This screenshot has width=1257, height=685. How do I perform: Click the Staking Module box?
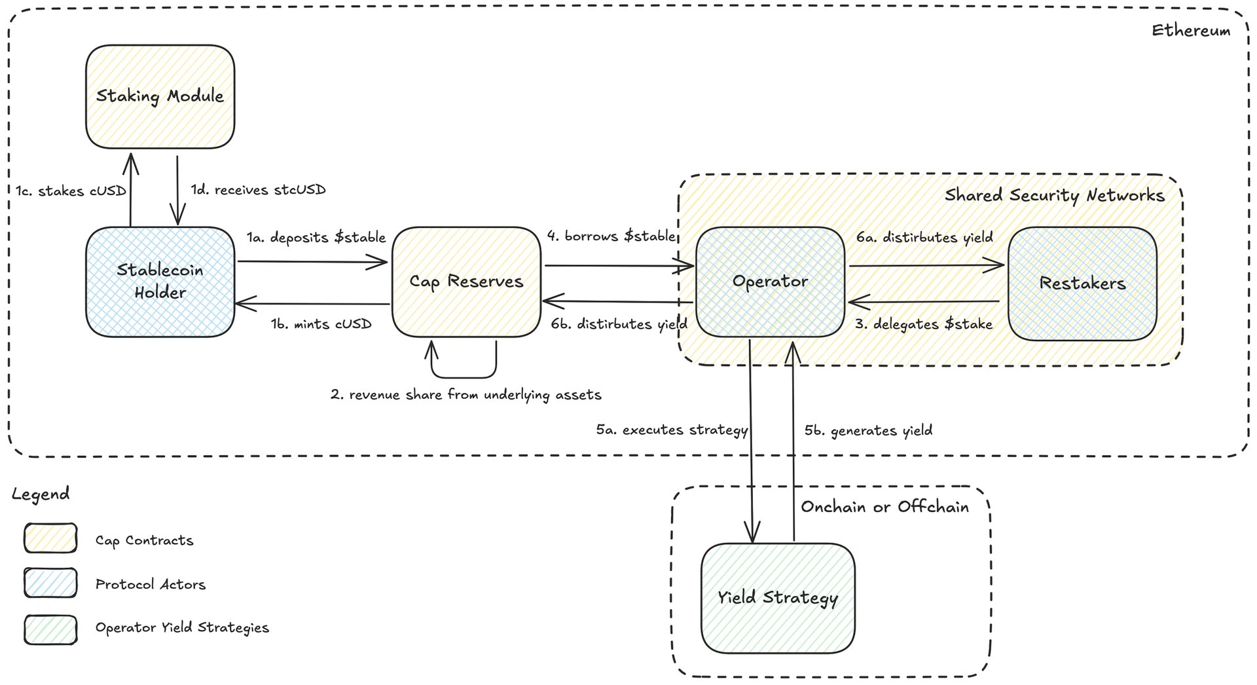coord(160,97)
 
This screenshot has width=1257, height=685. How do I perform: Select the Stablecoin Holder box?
coord(160,282)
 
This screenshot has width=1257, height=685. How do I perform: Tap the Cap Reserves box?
coord(467,282)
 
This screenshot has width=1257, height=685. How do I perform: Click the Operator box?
coord(771,282)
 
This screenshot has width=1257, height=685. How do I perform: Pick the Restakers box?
coord(1083,283)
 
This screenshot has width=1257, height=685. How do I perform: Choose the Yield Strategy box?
coord(778,598)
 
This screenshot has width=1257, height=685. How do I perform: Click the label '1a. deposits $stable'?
coord(316,237)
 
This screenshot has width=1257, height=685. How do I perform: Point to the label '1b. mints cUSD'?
coord(321,324)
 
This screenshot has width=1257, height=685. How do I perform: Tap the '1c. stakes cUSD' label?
coord(71,191)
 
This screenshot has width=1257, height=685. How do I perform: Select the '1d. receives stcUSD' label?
coord(259,190)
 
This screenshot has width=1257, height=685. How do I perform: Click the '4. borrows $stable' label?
coord(611,236)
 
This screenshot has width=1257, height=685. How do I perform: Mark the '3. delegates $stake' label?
coord(924,324)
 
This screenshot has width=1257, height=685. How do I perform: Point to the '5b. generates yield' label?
coord(869,431)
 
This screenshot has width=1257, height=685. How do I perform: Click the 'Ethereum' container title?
coord(1191,30)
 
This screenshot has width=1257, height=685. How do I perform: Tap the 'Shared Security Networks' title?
coord(1055,195)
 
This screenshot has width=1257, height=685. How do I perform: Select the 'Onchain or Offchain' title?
coord(885,507)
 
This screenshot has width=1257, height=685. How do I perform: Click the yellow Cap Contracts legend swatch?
coord(50,538)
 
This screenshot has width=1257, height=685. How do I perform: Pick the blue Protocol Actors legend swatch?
coord(50,583)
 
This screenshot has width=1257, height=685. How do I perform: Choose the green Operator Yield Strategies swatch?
coord(50,630)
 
